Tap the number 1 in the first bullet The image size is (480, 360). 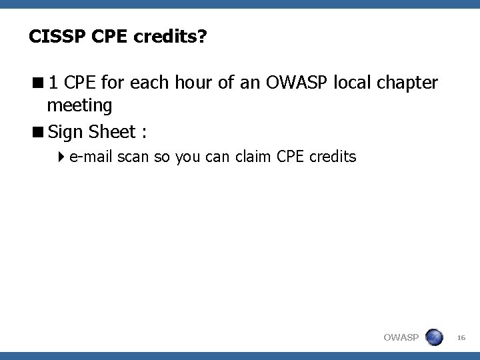click(x=53, y=83)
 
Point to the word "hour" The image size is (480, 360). click(x=194, y=83)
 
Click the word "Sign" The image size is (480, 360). click(x=64, y=132)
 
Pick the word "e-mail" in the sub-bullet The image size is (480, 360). click(x=91, y=157)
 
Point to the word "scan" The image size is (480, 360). click(x=135, y=157)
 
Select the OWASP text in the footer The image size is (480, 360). click(x=401, y=339)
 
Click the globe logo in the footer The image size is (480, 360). click(x=434, y=337)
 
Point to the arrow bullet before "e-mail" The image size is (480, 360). click(x=62, y=157)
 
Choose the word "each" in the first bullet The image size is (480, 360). click(x=150, y=83)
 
